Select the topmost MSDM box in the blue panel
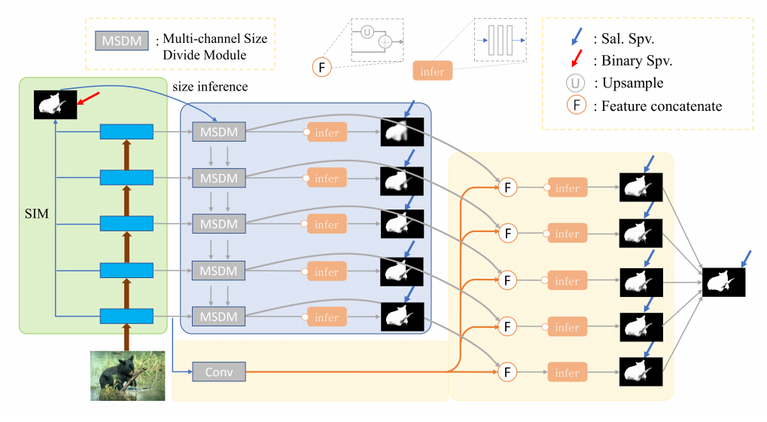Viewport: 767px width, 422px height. tap(218, 132)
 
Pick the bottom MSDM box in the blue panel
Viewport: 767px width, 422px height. tap(218, 316)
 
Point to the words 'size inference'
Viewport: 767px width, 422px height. tap(210, 87)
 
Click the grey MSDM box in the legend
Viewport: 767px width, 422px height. tap(120, 40)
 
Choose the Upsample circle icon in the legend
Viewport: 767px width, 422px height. tap(576, 83)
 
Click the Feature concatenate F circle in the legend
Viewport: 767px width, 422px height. tap(576, 105)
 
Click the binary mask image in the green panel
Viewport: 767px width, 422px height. tap(55, 103)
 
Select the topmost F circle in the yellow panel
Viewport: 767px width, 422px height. tap(507, 188)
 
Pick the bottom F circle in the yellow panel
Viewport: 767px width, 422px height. tap(507, 372)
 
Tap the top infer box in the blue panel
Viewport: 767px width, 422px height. tap(327, 133)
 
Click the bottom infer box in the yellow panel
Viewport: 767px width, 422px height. tap(567, 372)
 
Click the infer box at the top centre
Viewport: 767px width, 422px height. tap(432, 72)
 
